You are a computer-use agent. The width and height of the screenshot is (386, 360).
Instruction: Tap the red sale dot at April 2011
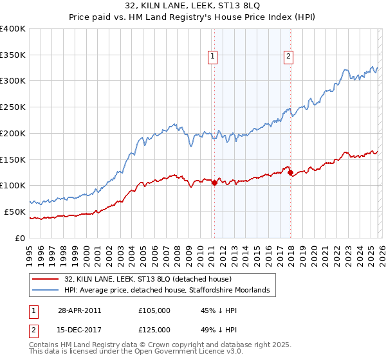tap(214, 183)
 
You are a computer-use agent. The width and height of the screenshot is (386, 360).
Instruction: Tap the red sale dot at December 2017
tap(290, 172)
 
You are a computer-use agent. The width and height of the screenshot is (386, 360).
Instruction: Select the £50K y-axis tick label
tap(15, 212)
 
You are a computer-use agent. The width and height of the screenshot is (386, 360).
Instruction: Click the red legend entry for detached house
tap(152, 279)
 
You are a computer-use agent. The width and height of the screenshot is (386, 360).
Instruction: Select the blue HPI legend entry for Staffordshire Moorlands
tap(170, 291)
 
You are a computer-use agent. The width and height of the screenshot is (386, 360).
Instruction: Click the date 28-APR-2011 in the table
tap(79, 310)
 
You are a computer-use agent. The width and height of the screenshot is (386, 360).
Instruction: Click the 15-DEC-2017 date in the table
tap(79, 330)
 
